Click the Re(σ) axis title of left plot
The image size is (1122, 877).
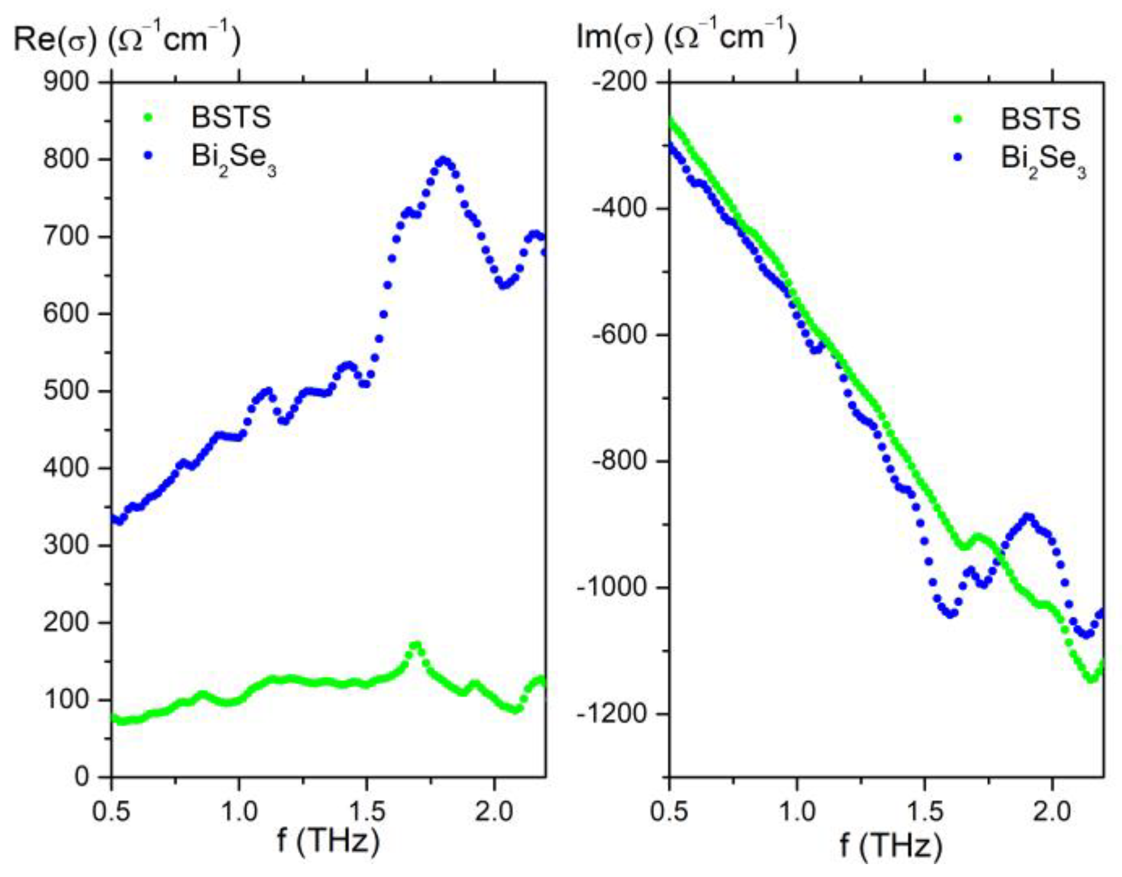tap(127, 39)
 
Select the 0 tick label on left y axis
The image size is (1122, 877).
tap(81, 777)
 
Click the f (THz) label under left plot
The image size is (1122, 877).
tap(328, 841)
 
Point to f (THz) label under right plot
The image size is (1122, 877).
tap(890, 845)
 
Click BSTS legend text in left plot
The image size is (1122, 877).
tap(231, 117)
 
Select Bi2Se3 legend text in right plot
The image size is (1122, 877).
tap(1043, 159)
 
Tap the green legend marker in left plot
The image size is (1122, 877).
tap(149, 117)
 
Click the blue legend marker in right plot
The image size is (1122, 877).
tap(958, 158)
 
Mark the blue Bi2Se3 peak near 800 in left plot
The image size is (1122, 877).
tap(443, 160)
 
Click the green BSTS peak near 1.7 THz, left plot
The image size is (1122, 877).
tap(415, 645)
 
